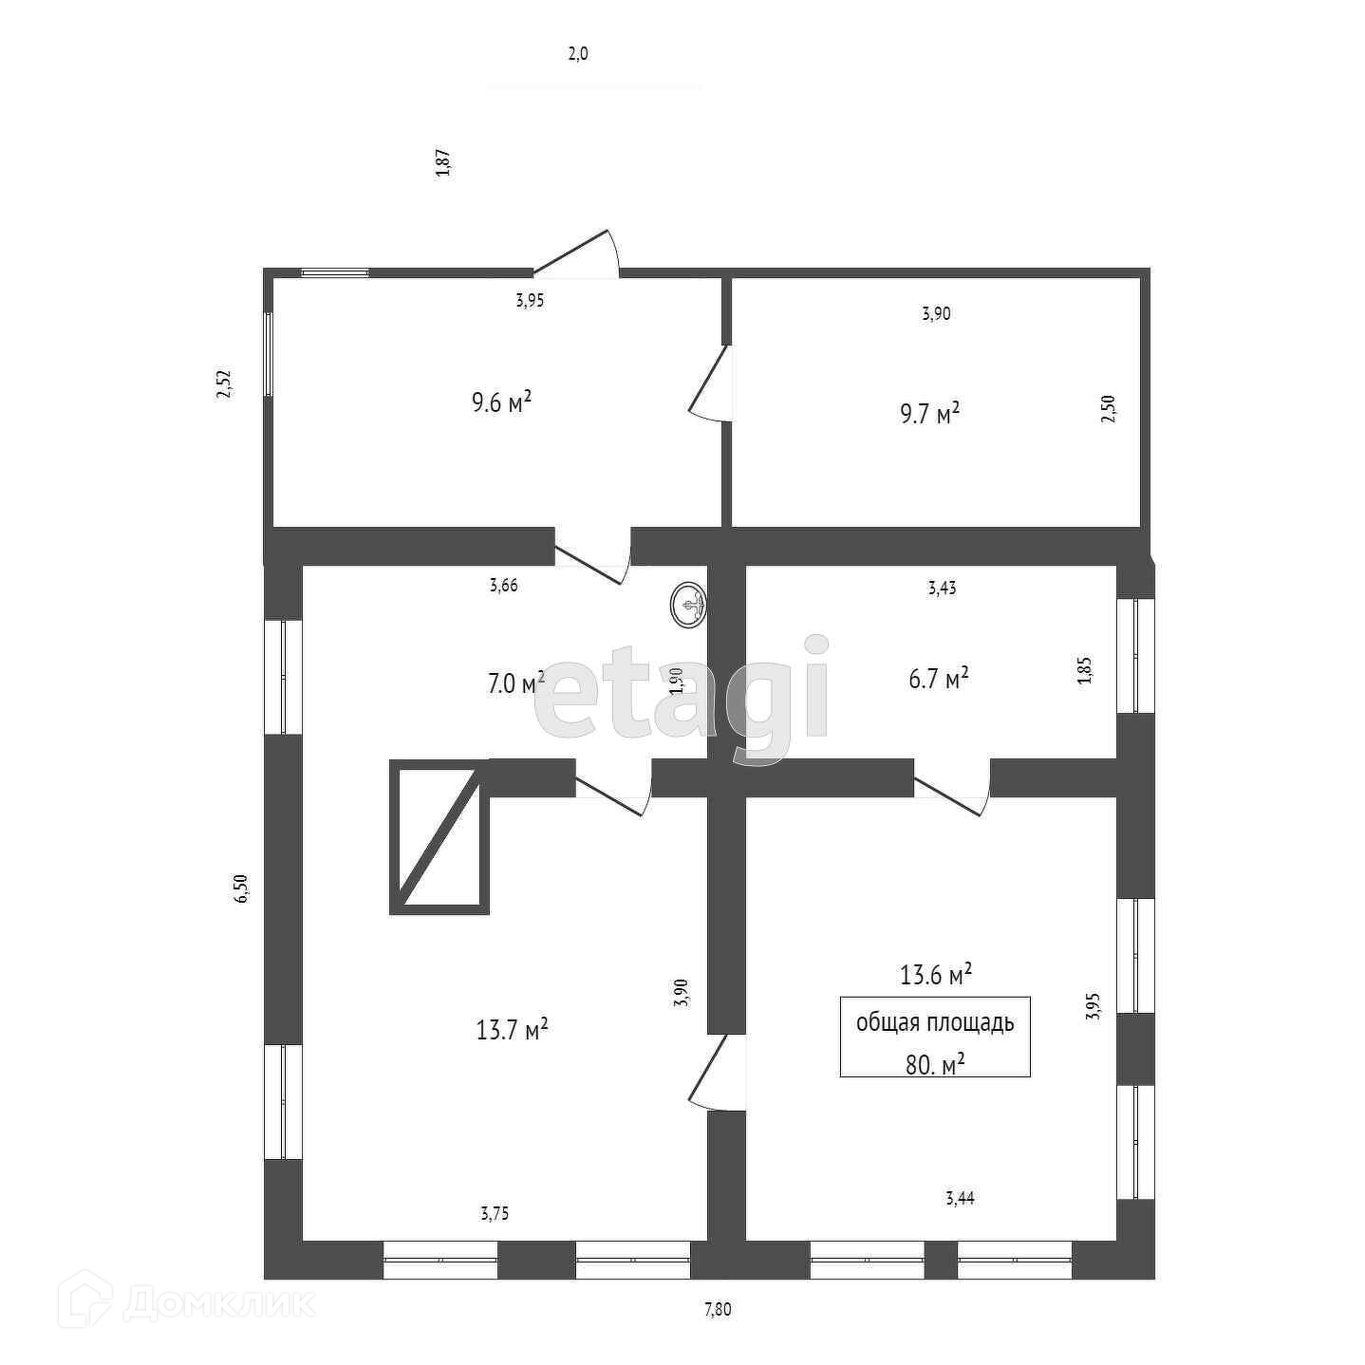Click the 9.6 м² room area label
[x=501, y=402]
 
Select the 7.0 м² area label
[x=515, y=682]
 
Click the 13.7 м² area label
[x=513, y=1029]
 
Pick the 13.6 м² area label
[x=935, y=974]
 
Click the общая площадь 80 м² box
[x=935, y=1037]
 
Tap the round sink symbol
[x=689, y=606]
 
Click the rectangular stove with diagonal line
[x=439, y=836]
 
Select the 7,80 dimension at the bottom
[x=718, y=1310]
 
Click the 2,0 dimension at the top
[x=578, y=54]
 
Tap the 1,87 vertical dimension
[x=442, y=162]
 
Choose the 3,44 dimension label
[x=960, y=1198]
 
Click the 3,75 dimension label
[x=496, y=1213]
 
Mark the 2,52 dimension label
[x=224, y=383]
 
